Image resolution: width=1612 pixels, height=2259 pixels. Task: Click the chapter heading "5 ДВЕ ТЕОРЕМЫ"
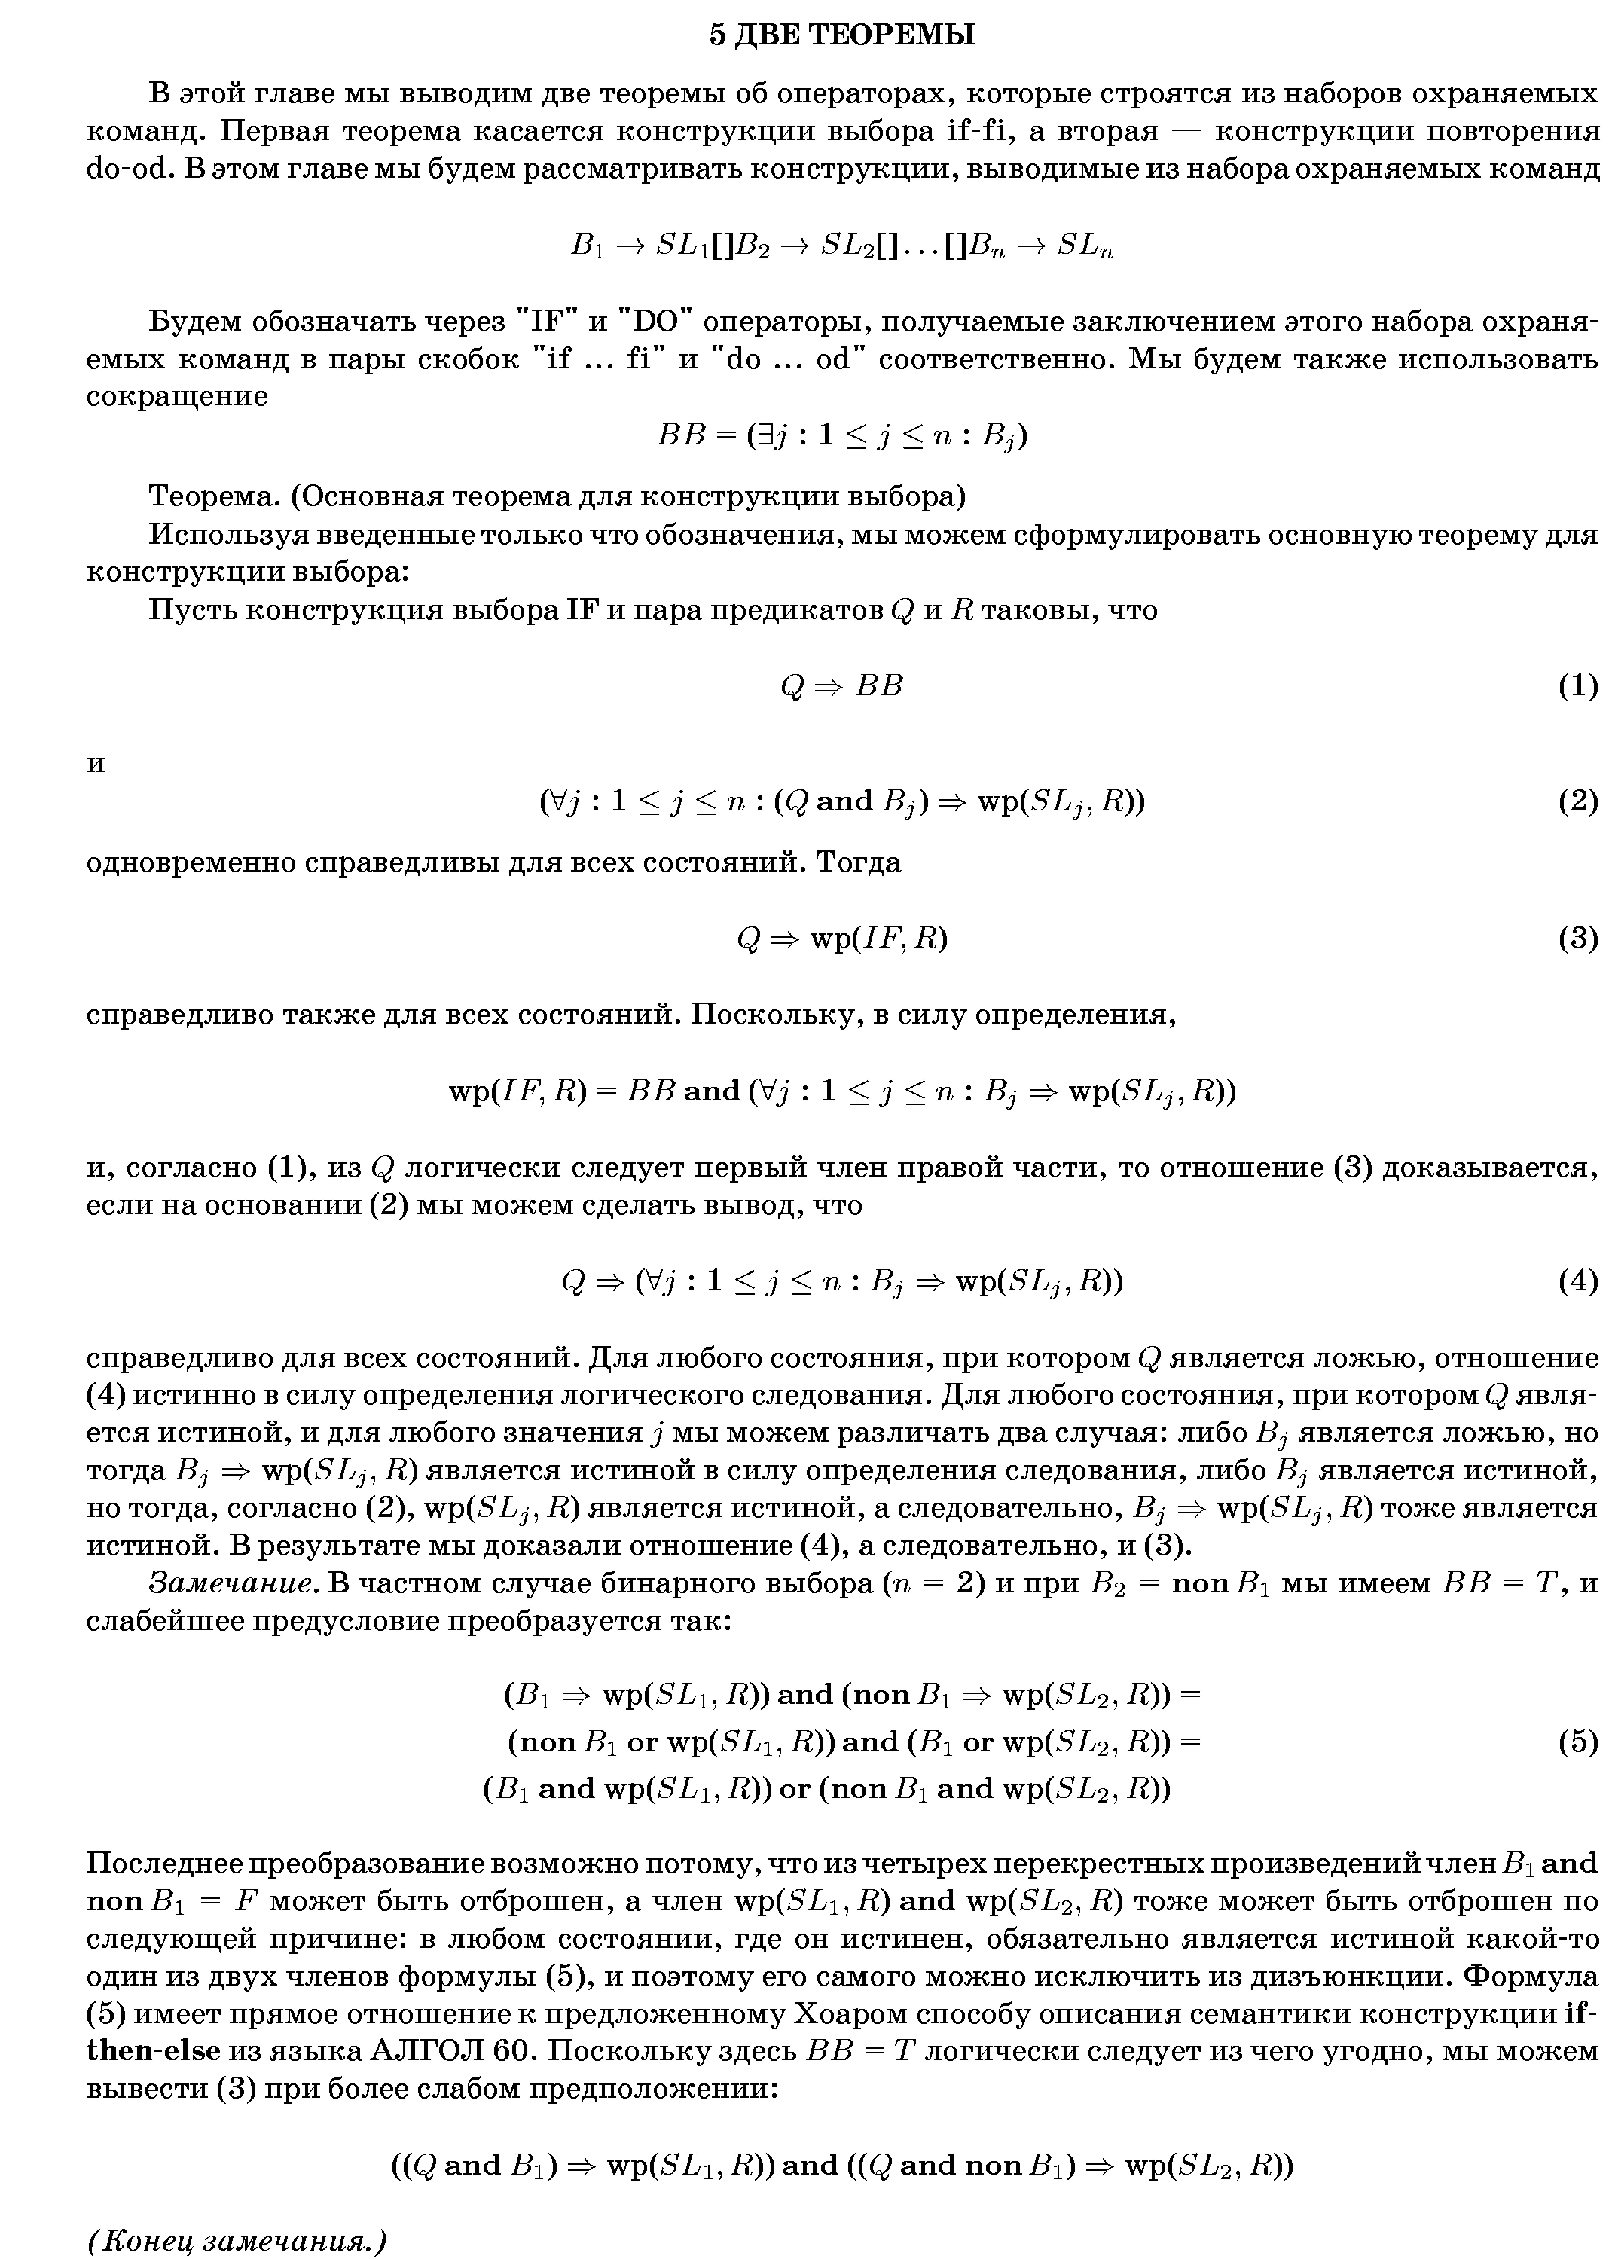click(x=841, y=35)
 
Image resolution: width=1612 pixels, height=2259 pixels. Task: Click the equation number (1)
click(x=1577, y=686)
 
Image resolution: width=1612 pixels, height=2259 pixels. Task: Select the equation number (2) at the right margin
click(x=1577, y=801)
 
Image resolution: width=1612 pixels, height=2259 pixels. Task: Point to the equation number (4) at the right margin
click(x=1577, y=1281)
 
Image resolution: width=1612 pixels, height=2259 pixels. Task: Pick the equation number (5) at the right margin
click(x=1577, y=1742)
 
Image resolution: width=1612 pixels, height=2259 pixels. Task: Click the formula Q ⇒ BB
click(x=841, y=686)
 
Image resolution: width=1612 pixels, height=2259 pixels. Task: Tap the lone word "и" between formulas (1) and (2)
click(x=96, y=765)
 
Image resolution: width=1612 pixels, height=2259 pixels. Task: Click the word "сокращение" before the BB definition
click(x=177, y=397)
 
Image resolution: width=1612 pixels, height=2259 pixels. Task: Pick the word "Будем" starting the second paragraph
click(x=194, y=322)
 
